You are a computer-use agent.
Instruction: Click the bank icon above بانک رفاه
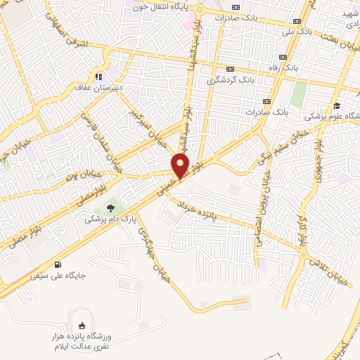(x=283, y=57)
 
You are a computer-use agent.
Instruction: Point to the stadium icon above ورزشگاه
(x=82, y=325)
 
